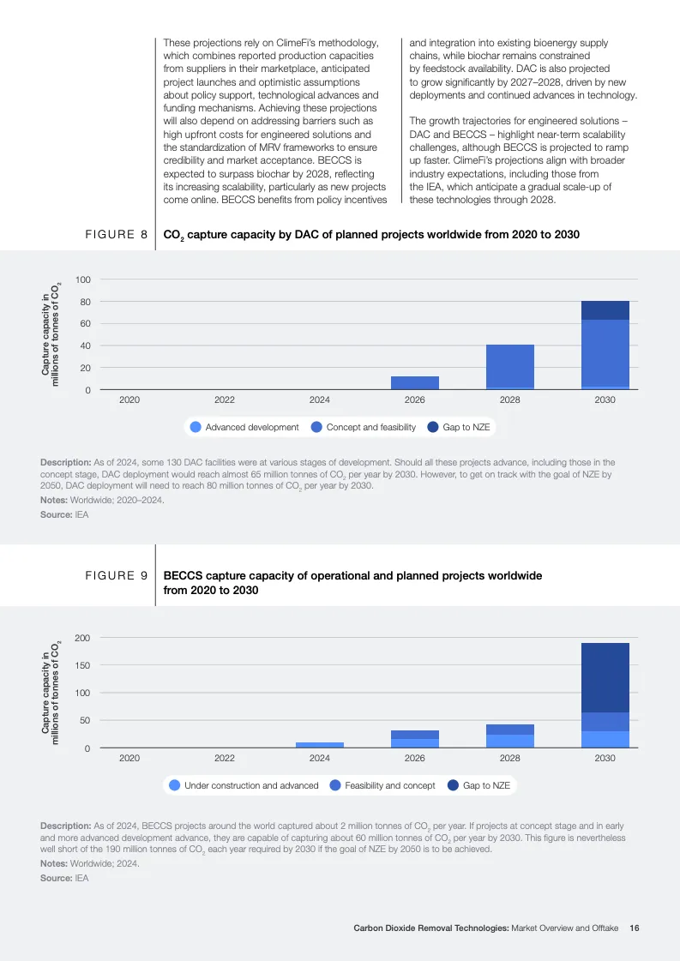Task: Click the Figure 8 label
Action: click(116, 234)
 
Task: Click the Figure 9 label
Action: click(116, 576)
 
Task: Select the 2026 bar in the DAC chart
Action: click(415, 383)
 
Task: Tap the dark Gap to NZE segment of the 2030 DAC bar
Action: click(605, 310)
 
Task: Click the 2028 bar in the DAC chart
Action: click(510, 367)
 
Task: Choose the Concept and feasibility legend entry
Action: click(364, 427)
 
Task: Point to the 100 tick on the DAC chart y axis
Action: click(83, 280)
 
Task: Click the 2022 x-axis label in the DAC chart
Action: click(225, 399)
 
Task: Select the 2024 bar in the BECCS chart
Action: click(320, 745)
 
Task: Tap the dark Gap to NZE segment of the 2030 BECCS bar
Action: click(605, 677)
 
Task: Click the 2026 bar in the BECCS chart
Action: click(415, 739)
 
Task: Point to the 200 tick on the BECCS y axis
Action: click(81, 638)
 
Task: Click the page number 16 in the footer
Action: click(635, 928)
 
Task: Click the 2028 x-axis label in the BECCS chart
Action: click(509, 758)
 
